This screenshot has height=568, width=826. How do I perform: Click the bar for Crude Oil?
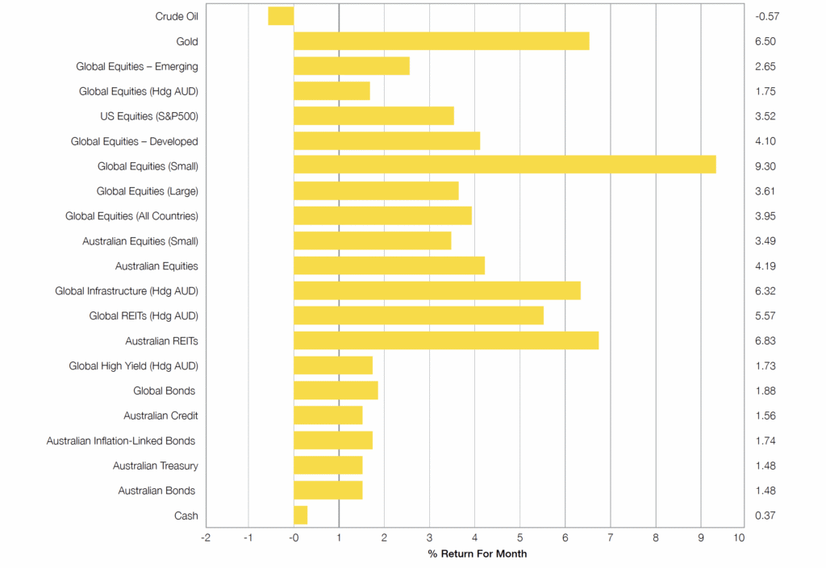[281, 16]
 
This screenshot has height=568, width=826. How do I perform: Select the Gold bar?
[441, 41]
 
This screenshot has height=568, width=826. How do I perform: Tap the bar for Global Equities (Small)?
[504, 166]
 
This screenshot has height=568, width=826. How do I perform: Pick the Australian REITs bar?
[446, 341]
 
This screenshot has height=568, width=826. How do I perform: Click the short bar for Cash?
[300, 516]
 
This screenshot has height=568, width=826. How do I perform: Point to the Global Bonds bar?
[336, 391]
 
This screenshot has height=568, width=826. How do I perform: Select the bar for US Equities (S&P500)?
[373, 116]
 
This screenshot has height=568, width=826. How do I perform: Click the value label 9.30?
[766, 166]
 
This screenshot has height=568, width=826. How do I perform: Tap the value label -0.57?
[766, 16]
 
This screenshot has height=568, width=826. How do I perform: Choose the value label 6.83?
[766, 341]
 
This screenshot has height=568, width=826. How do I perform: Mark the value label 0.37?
[766, 516]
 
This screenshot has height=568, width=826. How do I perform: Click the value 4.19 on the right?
[766, 266]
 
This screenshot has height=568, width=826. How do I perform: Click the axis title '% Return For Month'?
[478, 554]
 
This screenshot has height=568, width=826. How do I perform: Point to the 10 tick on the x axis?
[739, 537]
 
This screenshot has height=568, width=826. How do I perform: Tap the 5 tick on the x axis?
[519, 537]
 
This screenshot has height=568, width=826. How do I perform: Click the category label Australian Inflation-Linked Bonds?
[122, 441]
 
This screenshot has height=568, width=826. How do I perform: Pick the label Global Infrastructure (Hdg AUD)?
[127, 291]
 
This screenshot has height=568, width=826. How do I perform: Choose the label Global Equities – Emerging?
[137, 66]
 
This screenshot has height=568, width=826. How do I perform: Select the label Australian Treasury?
[155, 466]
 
